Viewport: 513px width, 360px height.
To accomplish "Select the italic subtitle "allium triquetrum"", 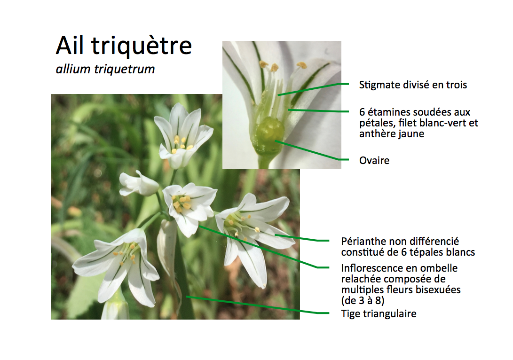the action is (x=105, y=69).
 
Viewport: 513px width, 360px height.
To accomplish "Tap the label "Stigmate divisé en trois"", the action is (x=413, y=85).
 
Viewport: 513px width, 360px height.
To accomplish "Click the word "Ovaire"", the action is (x=374, y=161).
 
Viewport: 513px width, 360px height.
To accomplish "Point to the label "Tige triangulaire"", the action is (x=379, y=314).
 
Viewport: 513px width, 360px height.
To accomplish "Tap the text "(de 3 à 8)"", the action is (x=363, y=300).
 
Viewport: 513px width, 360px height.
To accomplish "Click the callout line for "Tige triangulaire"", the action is (x=258, y=305).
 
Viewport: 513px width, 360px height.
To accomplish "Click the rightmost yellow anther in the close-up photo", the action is (x=302, y=65).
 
